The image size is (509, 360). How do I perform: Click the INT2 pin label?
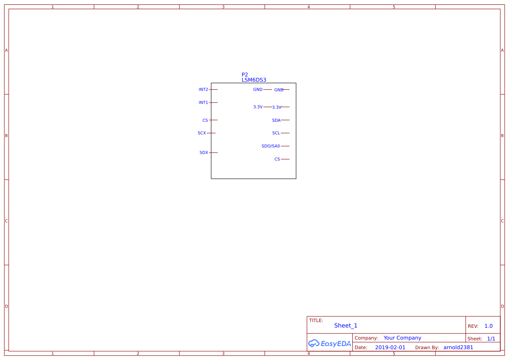(x=203, y=90)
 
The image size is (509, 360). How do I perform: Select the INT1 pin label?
(x=203, y=103)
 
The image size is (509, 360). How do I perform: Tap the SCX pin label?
(x=202, y=133)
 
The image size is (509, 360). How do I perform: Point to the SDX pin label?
(x=204, y=153)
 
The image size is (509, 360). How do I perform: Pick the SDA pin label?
(x=276, y=120)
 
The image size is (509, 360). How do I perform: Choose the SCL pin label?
(x=276, y=133)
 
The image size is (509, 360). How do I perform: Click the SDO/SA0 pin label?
(x=271, y=146)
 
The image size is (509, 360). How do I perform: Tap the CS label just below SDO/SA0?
(x=277, y=159)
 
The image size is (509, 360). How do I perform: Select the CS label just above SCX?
(x=205, y=120)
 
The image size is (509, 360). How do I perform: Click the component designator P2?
(x=245, y=75)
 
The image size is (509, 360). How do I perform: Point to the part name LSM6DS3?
(x=254, y=80)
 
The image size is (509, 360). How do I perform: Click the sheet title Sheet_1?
(x=346, y=326)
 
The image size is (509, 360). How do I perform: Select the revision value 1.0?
(x=489, y=326)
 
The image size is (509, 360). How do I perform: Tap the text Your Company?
(x=402, y=338)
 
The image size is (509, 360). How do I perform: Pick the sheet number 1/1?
(x=491, y=339)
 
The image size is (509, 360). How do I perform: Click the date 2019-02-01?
(x=390, y=347)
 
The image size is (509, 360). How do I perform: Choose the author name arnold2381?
(x=458, y=347)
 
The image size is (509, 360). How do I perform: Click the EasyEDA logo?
(x=330, y=343)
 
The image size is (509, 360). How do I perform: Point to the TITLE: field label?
(x=316, y=320)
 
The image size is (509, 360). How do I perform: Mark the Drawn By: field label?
(x=427, y=347)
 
